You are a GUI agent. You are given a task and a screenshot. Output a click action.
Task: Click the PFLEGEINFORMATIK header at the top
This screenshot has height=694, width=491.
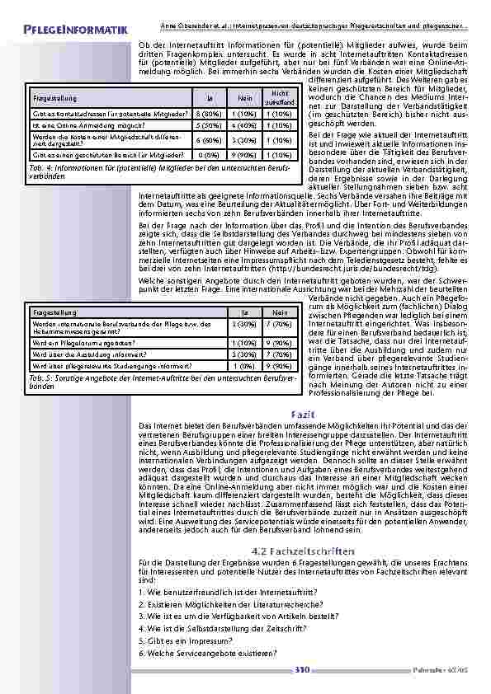[75, 30]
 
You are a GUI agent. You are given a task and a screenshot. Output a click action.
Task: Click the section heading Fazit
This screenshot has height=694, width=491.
[299, 411]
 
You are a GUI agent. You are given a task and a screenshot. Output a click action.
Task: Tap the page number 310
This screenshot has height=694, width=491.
[301, 669]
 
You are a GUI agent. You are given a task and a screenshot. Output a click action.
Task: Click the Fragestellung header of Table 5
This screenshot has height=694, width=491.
[53, 313]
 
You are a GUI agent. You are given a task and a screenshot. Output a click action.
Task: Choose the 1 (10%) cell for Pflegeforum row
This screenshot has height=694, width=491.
[244, 341]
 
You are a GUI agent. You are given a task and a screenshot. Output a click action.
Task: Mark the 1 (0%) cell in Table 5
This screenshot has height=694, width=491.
[244, 365]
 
